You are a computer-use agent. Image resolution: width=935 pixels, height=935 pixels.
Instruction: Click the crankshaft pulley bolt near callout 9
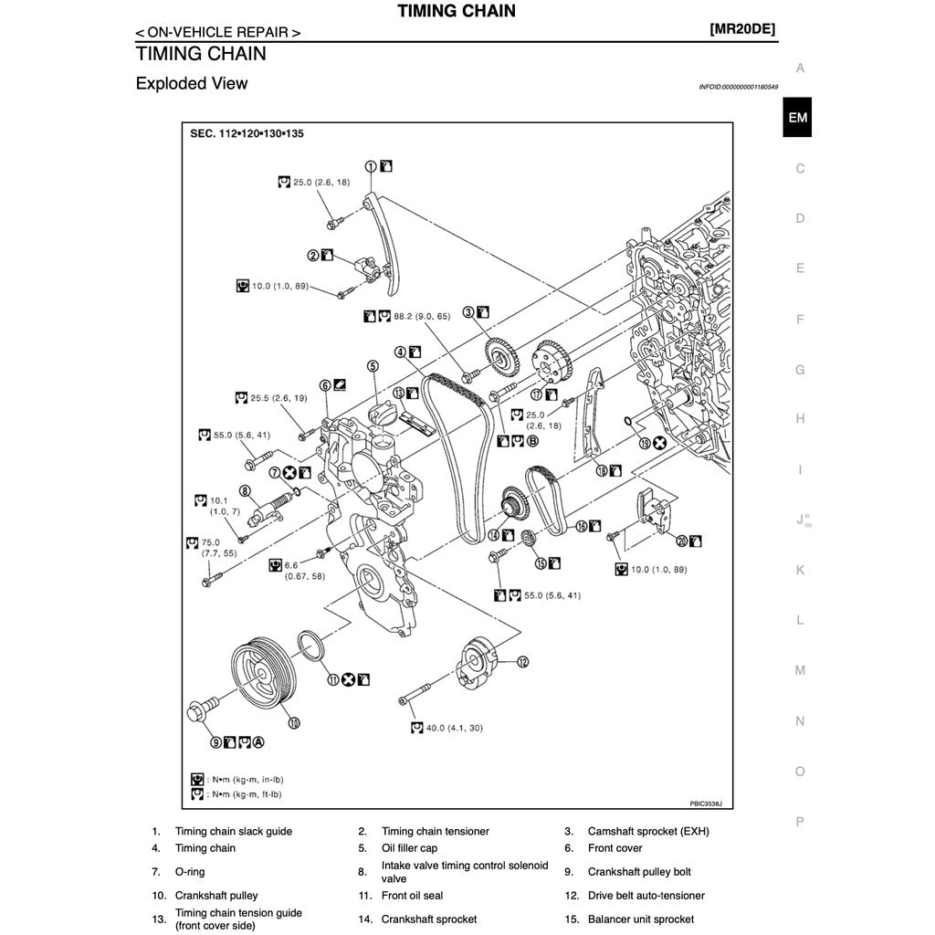(x=203, y=708)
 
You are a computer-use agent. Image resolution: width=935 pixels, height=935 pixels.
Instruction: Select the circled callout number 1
(x=371, y=166)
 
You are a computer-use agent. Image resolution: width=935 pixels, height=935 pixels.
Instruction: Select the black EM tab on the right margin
(x=797, y=118)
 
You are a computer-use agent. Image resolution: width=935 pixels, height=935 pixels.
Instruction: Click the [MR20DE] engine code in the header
(x=742, y=28)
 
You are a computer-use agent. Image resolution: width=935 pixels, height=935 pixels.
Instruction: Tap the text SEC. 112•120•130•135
(x=247, y=133)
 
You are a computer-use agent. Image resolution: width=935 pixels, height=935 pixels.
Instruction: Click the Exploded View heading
(x=192, y=83)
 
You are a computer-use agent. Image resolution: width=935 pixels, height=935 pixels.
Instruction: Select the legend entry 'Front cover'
(x=615, y=848)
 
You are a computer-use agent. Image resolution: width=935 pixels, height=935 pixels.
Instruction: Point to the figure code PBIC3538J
(x=706, y=804)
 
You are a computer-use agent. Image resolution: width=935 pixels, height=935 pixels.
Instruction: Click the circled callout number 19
(x=644, y=443)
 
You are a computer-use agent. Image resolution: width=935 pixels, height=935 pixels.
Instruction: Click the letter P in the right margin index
(x=800, y=821)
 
